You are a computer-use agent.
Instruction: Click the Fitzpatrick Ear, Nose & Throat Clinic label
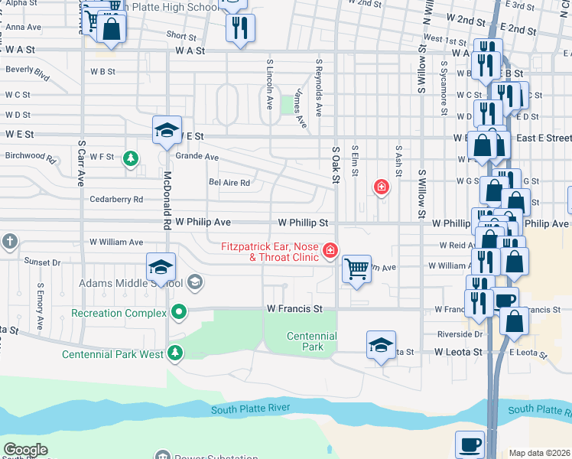click(271, 252)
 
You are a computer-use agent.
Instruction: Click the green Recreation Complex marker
click(179, 312)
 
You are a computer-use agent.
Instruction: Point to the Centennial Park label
click(311, 341)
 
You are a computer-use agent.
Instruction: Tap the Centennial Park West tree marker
click(176, 353)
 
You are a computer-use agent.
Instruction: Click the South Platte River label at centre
click(252, 409)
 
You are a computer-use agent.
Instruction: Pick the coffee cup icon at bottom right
click(470, 444)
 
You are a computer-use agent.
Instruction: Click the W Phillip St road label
click(303, 223)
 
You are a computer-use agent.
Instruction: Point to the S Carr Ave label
click(80, 163)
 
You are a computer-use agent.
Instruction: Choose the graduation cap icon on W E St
click(165, 130)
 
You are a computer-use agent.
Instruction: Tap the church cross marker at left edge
click(9, 243)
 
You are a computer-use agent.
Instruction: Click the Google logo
click(25, 450)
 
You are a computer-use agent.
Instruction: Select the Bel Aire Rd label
click(229, 183)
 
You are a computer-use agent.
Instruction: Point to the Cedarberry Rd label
click(116, 200)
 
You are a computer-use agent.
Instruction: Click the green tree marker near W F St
click(132, 158)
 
